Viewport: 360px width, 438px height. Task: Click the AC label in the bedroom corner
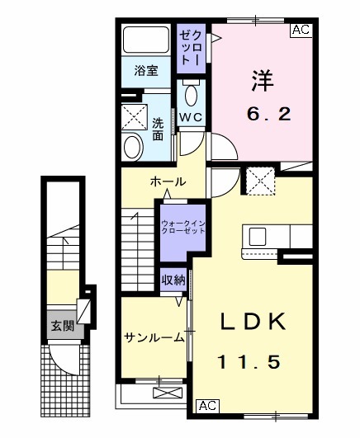pyautogui.click(x=301, y=31)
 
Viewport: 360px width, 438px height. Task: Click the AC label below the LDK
pyautogui.click(x=206, y=405)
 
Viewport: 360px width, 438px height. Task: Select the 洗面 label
pyautogui.click(x=157, y=129)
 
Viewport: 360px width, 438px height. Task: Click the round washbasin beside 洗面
pyautogui.click(x=133, y=148)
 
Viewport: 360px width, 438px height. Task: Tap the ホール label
pyautogui.click(x=168, y=181)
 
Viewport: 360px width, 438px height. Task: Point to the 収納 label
pyautogui.click(x=173, y=280)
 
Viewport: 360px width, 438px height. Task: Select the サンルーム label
pyautogui.click(x=154, y=337)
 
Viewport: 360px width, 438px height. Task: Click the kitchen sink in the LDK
pyautogui.click(x=256, y=236)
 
